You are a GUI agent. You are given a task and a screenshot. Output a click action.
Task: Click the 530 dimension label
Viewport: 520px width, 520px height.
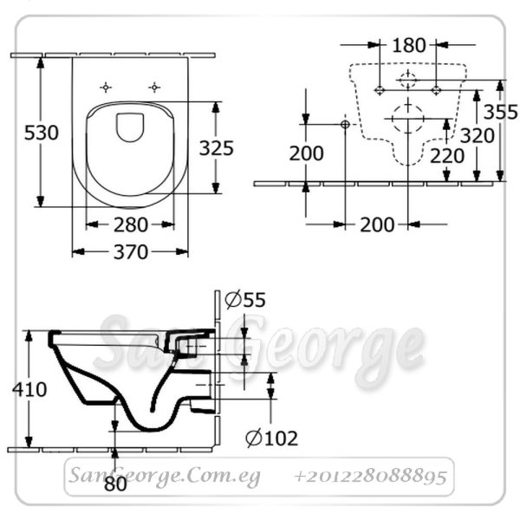coord(42,133)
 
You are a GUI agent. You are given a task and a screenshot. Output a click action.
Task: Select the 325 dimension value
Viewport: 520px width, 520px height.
coord(216,148)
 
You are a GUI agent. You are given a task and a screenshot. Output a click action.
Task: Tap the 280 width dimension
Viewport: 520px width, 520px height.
coord(131,224)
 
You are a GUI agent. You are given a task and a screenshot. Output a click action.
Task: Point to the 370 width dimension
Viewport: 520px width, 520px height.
coord(131,252)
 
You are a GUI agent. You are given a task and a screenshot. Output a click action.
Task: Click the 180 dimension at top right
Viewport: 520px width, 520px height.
coord(408,45)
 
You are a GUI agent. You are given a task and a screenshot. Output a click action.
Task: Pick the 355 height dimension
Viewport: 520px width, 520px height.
coord(500,112)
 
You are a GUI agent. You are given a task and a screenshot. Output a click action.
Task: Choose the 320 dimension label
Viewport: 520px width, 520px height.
coord(478,136)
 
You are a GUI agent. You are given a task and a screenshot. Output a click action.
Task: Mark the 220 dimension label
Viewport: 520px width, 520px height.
coord(447,156)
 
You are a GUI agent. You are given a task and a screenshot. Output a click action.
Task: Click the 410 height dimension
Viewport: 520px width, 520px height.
coord(29,389)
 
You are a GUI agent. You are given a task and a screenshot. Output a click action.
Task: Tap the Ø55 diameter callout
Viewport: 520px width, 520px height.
coord(245,300)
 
